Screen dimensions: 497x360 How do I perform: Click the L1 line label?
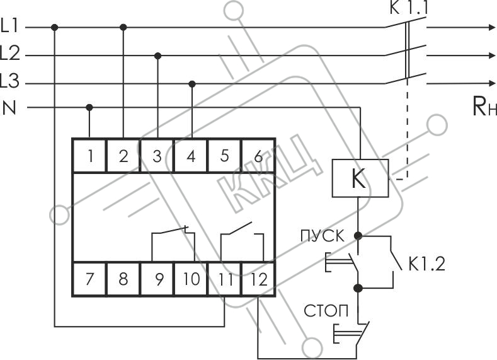coord(9,26)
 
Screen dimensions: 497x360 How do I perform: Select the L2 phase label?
coord(10,54)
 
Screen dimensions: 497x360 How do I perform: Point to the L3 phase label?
coord(10,81)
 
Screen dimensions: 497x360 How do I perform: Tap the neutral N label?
coord(9,108)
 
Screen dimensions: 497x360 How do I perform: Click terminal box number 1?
coord(89,156)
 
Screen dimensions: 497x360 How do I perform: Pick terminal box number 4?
coord(191,156)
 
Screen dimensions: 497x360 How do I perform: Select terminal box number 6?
coord(258,156)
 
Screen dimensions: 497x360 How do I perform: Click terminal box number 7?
coord(89,279)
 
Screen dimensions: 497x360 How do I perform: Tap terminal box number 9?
coord(157,279)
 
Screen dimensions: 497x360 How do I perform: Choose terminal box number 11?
coord(224,279)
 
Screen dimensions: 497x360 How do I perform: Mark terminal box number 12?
coord(258,279)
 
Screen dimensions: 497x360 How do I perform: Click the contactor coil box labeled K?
coord(360,178)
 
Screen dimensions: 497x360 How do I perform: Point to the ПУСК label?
coord(322,236)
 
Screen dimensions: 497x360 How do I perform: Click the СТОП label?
coord(326,311)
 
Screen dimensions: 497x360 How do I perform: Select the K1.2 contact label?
coord(426,264)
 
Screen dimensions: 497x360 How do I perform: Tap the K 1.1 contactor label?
coord(409,8)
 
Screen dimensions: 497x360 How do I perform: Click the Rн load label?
coord(484,107)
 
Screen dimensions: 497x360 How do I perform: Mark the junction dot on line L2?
coord(158,56)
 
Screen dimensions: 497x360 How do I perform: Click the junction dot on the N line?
coord(89,108)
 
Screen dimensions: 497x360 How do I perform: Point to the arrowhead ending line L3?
coord(493,83)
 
